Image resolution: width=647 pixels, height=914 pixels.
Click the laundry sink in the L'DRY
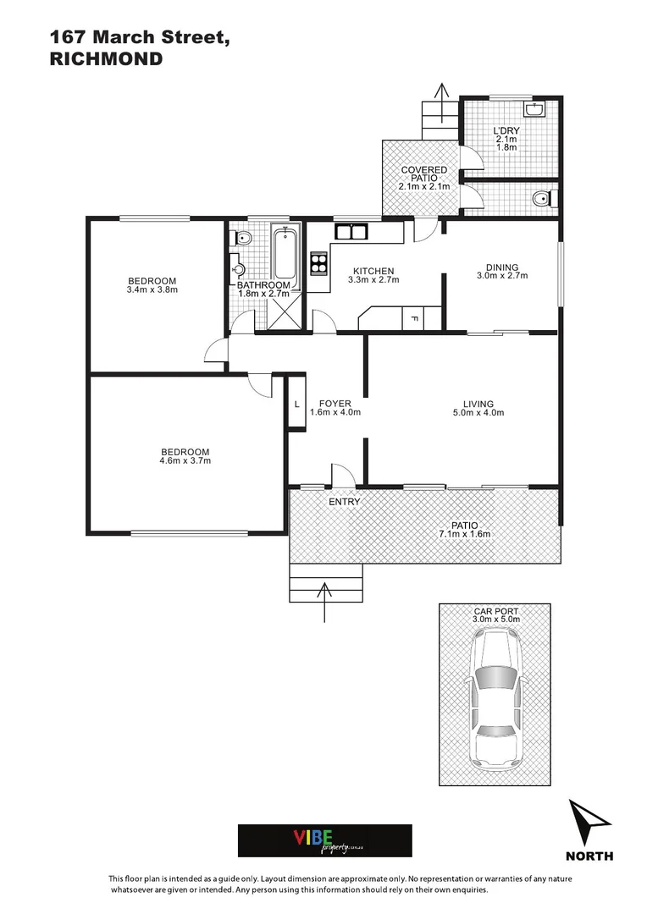tap(535, 110)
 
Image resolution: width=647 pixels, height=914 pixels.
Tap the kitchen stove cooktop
tap(318, 263)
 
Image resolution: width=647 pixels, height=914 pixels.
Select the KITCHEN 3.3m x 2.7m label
tap(373, 275)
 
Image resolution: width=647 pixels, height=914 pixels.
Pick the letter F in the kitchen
tap(413, 318)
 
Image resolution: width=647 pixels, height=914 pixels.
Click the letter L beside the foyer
tap(296, 405)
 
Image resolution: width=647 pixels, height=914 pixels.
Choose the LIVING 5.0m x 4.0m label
tap(478, 409)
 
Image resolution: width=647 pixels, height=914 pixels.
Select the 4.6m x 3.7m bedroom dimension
tap(185, 461)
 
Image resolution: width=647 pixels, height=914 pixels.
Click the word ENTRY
tap(345, 502)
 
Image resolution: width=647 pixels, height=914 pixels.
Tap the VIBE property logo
tap(324, 840)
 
